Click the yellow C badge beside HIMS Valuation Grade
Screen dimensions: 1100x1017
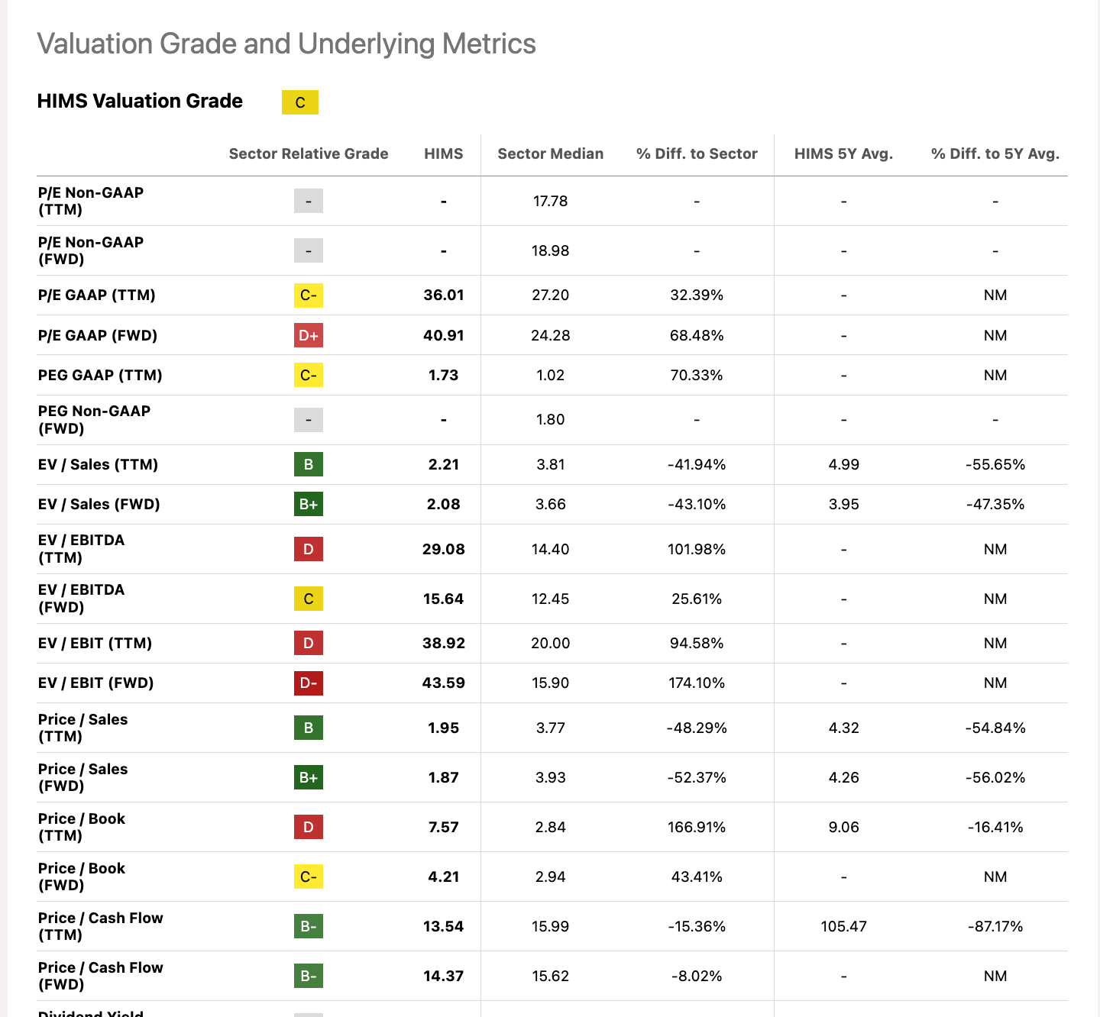point(299,102)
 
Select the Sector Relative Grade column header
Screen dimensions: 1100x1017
point(309,153)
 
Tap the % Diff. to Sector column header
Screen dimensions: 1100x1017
point(696,153)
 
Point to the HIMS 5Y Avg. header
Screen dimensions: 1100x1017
point(843,153)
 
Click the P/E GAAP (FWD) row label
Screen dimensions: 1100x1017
point(98,335)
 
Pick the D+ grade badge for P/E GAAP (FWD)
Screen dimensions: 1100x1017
point(309,335)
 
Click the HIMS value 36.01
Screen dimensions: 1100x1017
point(444,295)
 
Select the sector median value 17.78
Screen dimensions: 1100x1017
point(550,201)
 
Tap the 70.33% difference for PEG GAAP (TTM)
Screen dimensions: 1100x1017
point(696,376)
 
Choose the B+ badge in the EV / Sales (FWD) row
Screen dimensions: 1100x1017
point(309,505)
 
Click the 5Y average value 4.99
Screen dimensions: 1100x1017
point(843,464)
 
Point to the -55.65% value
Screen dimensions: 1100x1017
point(995,464)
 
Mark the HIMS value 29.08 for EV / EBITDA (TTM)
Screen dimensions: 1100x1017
point(444,549)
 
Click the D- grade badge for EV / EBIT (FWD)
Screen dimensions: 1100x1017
point(309,683)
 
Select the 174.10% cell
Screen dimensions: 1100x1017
point(696,683)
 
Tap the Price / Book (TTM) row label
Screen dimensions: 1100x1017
point(82,827)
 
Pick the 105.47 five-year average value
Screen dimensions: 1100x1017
point(843,926)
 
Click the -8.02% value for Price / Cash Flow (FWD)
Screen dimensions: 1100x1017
point(696,976)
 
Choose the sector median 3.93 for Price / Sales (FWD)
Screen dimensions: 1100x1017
point(550,777)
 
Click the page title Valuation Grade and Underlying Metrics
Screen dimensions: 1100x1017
point(286,44)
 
